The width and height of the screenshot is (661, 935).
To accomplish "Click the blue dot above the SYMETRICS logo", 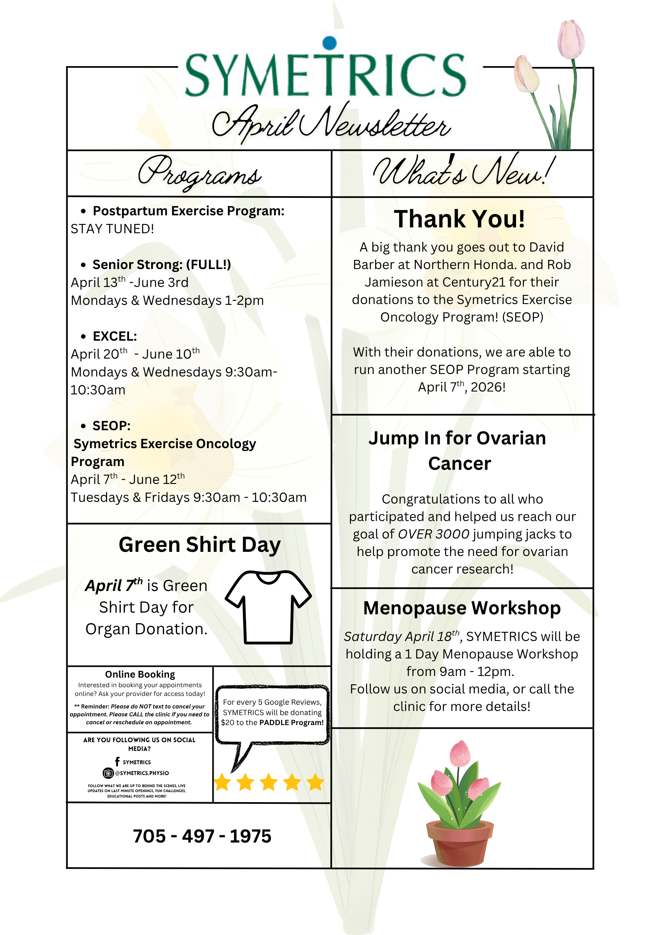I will click(329, 42).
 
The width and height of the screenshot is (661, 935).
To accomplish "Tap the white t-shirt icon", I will click(268, 607).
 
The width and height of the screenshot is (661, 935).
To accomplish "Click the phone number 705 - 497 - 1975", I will click(202, 836).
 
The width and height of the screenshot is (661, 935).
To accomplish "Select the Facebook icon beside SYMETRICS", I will click(117, 762).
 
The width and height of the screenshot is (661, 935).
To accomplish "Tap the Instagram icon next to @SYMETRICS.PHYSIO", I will click(108, 773).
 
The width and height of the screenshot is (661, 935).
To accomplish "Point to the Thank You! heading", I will click(459, 219).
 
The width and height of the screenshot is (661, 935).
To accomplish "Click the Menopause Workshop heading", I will click(462, 608).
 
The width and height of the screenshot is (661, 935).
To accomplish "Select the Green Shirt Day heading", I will click(200, 545).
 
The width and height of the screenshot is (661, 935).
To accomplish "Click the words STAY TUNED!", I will click(112, 229).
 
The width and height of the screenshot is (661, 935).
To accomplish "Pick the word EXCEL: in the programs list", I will click(115, 336).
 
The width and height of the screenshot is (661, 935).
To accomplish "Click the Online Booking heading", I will click(140, 674).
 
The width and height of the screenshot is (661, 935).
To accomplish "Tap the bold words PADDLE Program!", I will click(291, 723).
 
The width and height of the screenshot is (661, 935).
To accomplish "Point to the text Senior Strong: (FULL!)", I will click(162, 264).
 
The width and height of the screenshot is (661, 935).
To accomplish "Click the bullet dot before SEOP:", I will click(83, 426).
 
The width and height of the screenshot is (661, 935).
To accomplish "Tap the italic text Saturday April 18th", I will click(402, 636).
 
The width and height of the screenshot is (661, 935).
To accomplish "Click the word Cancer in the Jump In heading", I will click(459, 464).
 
